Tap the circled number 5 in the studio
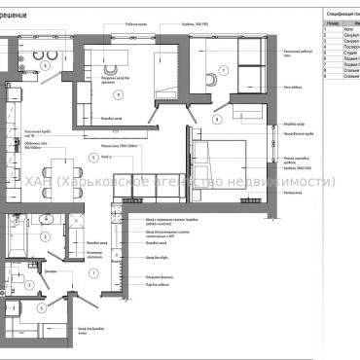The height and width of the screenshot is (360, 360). [x=91, y=156]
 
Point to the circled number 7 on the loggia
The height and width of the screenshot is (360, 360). [x=222, y=70]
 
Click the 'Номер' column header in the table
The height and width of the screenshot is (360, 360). [x=335, y=21]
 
